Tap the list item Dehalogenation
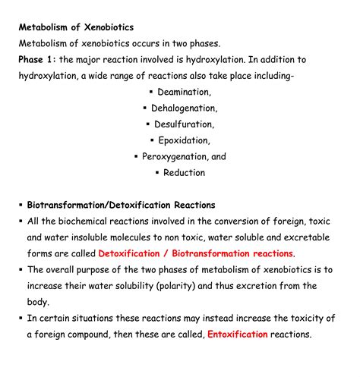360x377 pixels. coord(184,108)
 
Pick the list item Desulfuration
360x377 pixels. coord(185,124)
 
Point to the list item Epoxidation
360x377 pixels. coord(185,140)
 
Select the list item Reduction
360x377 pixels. coord(185,172)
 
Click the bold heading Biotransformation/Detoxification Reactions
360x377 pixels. coord(122,205)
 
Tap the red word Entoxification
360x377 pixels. coord(238,335)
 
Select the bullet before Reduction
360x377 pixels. coord(156,172)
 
